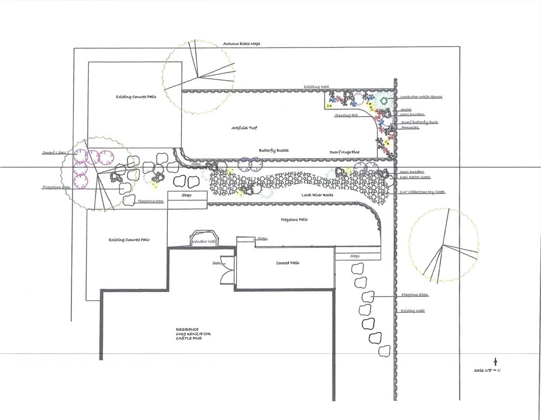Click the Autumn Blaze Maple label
tap(241, 43)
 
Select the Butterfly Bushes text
tap(273, 150)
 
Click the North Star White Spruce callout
tap(421, 97)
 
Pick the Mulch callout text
tap(406, 109)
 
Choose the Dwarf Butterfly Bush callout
tap(419, 122)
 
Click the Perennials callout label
tap(410, 128)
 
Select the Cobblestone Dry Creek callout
tap(423, 192)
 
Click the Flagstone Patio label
tap(294, 220)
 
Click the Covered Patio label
tap(288, 263)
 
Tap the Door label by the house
tap(216, 262)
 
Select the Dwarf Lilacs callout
tap(55, 153)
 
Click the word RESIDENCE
tap(187, 329)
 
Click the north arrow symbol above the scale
tap(495, 361)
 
